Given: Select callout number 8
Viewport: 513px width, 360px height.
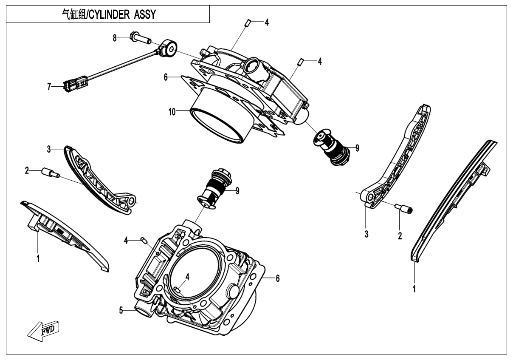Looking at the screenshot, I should click(115, 38).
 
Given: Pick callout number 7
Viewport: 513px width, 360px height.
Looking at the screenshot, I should click(49, 87).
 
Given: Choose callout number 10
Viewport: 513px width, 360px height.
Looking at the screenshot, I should click(172, 112).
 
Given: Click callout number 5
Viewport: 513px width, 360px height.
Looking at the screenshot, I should click(121, 311).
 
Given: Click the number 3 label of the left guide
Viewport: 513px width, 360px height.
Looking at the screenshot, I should click(49, 149).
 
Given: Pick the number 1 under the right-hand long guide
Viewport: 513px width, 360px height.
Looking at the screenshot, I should click(414, 289).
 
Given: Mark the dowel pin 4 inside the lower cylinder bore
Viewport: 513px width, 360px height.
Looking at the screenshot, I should click(178, 290).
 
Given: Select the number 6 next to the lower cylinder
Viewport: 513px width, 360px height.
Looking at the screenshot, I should click(277, 278).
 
